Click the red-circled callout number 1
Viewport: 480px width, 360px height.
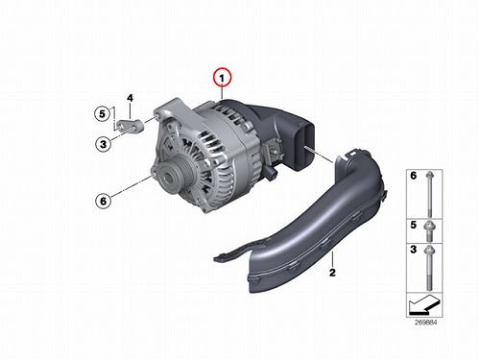[222, 78]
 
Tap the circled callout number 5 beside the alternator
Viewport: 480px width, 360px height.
[102, 113]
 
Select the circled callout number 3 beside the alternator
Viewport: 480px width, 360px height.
[103, 144]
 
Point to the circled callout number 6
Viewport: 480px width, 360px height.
[103, 201]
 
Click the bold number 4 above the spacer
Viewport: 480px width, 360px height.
[130, 98]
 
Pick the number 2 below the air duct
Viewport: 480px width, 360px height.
[332, 273]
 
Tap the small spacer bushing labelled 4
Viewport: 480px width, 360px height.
[131, 126]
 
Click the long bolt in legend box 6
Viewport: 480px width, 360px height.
[429, 194]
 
